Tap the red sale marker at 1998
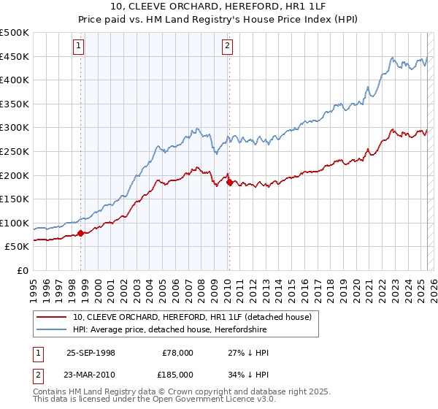[80, 234]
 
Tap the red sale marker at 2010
[229, 183]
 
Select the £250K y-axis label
[15, 151]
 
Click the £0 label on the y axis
[22, 270]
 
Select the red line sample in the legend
[51, 317]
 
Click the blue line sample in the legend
[51, 329]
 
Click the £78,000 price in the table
[177, 353]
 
